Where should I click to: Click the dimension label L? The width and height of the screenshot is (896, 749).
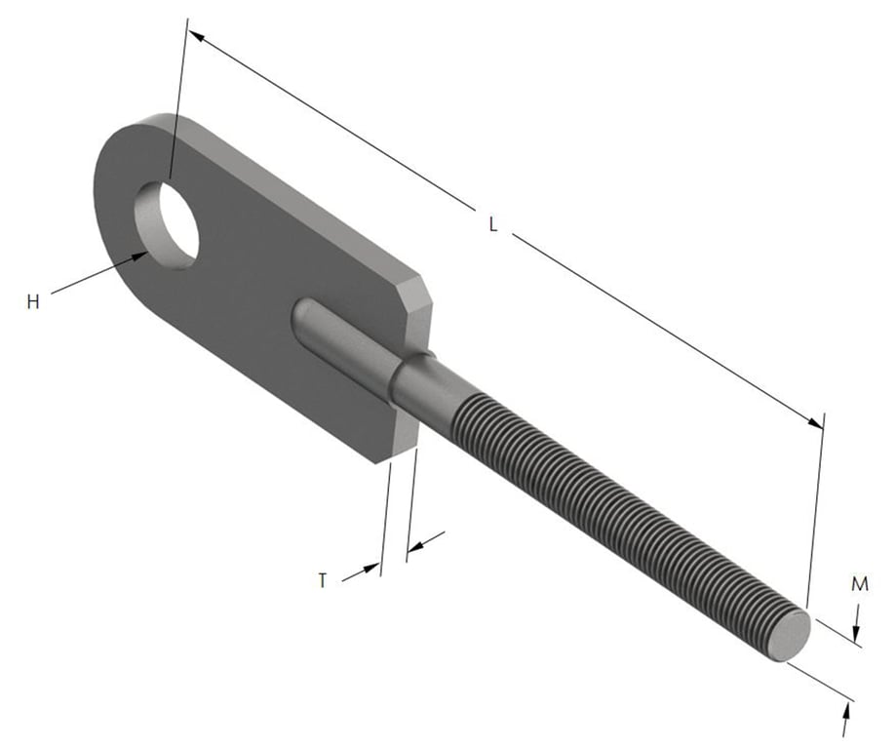(493, 224)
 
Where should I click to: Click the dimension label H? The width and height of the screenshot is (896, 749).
(33, 302)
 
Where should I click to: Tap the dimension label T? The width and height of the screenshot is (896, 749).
(323, 580)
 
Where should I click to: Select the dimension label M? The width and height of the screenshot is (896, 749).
(860, 584)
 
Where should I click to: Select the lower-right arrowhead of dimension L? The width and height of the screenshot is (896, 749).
(815, 422)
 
